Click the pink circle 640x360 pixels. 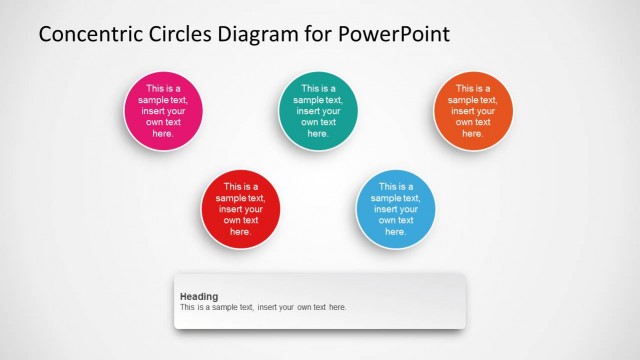pos(163,111)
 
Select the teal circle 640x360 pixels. pos(318,111)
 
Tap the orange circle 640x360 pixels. pos(472,111)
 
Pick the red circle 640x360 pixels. pos(240,209)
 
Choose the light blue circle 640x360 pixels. pos(395,209)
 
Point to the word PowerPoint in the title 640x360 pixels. pos(395,34)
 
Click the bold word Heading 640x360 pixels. pos(199,296)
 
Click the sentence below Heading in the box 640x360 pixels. pos(263,307)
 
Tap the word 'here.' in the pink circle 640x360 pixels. pos(163,133)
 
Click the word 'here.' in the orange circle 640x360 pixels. pos(472,133)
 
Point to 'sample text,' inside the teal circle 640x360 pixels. pos(318,100)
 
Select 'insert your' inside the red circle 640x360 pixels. pos(240,209)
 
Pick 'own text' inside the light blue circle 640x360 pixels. pos(395,220)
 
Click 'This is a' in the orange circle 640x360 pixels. pos(472,89)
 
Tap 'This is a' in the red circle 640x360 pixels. pos(240,187)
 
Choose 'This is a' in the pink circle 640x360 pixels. pos(163,89)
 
